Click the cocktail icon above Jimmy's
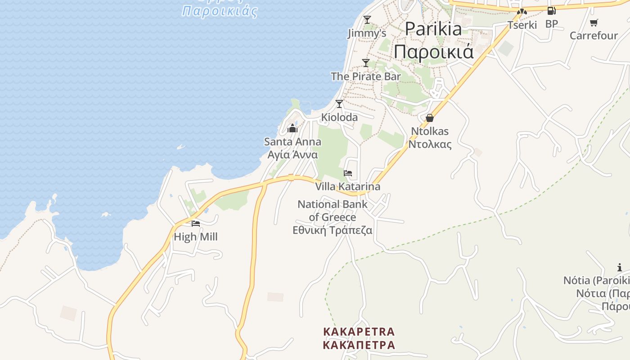(367, 19)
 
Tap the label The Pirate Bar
(365, 76)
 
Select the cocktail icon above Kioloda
(339, 104)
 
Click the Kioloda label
(339, 117)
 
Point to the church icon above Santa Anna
(292, 129)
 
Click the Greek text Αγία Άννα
(292, 155)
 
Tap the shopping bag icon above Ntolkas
(430, 118)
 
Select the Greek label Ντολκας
(430, 144)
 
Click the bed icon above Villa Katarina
(347, 173)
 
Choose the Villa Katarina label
(347, 186)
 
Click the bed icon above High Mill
(196, 223)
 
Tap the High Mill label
(196, 237)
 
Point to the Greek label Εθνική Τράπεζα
(333, 230)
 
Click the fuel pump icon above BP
(551, 11)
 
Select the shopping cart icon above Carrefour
(594, 22)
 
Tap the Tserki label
(522, 25)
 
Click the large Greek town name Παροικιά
(433, 52)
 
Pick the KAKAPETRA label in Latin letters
(359, 332)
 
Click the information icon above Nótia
(620, 268)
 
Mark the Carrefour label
(594, 36)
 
